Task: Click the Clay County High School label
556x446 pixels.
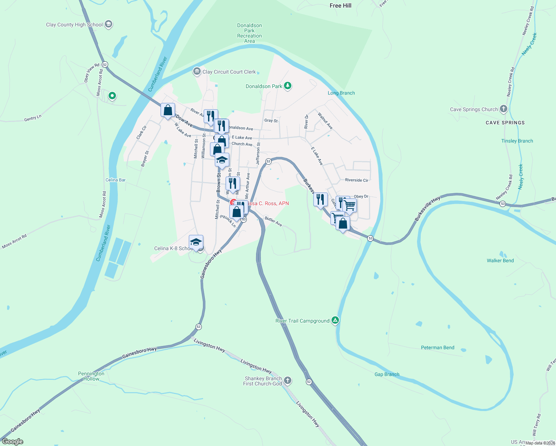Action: [74, 25]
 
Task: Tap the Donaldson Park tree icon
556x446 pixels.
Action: [287, 86]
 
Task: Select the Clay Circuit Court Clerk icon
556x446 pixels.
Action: [197, 71]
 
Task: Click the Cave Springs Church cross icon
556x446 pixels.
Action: [504, 109]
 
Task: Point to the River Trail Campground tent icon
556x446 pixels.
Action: [335, 320]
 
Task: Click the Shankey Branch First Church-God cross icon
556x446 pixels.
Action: [287, 380]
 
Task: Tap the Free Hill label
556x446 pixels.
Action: [340, 6]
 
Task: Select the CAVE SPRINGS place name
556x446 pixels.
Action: [505, 123]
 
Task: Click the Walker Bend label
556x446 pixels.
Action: [500, 261]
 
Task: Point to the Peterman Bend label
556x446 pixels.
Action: [437, 348]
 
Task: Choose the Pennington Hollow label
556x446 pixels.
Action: [91, 376]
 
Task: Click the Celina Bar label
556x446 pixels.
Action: [116, 180]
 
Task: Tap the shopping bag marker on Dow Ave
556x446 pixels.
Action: [168, 110]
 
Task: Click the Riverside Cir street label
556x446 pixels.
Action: [356, 180]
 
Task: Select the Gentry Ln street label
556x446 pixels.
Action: [33, 118]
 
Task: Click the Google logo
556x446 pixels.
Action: [12, 442]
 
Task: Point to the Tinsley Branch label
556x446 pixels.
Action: [517, 141]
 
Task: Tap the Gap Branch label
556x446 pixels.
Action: [387, 374]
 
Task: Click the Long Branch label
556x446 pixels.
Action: [341, 93]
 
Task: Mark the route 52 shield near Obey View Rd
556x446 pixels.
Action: [105, 65]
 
